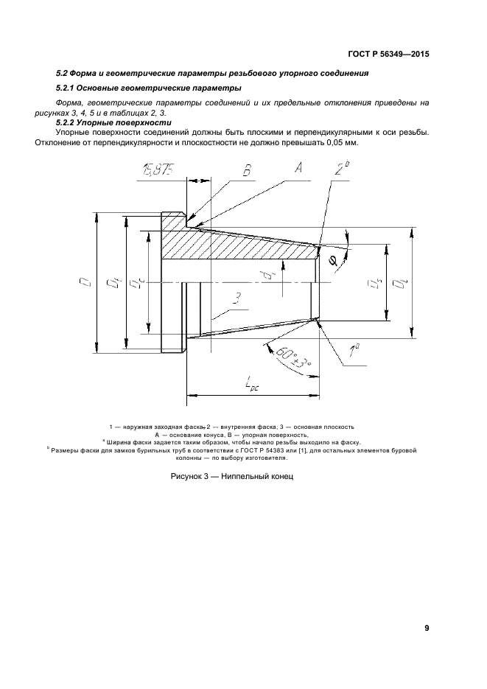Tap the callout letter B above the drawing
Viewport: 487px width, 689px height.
(247, 170)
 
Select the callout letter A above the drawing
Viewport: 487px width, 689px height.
(298, 167)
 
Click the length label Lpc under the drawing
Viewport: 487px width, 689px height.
(252, 385)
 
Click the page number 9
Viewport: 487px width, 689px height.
(427, 628)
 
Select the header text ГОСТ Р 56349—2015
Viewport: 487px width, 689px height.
(388, 55)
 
